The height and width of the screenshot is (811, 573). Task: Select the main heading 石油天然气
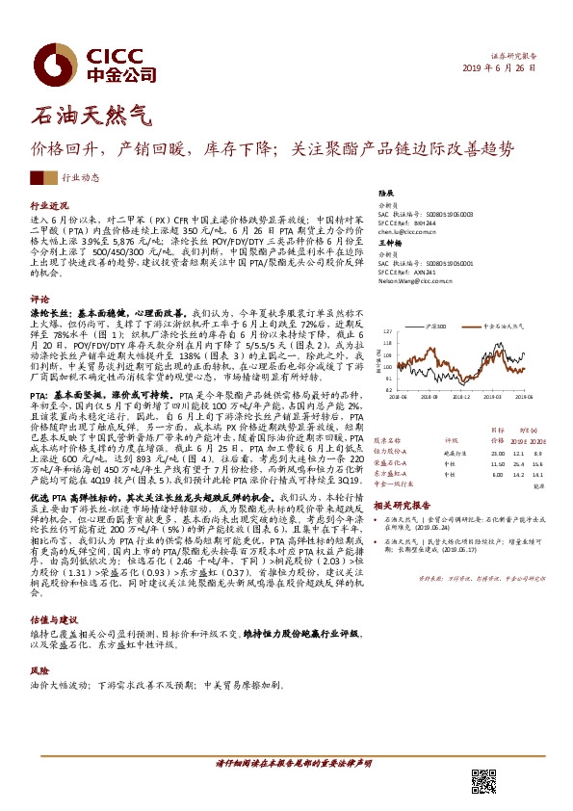[91, 117]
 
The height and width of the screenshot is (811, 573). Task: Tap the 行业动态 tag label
[107, 178]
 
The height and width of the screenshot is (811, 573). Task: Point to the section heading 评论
[39, 300]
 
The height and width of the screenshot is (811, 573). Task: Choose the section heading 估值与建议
[53, 622]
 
